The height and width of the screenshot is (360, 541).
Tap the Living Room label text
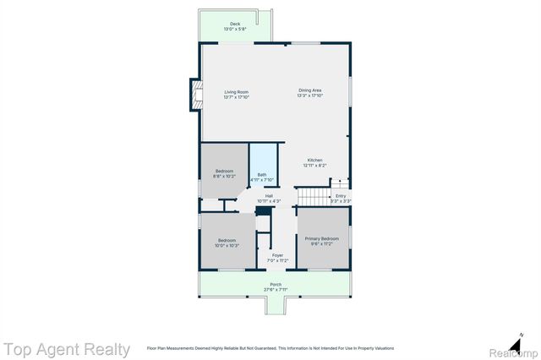coord(236,90)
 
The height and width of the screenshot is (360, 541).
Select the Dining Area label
coord(309,90)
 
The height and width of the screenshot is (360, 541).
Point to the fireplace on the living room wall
coord(195,94)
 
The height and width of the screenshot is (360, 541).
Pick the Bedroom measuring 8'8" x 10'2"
coord(224,173)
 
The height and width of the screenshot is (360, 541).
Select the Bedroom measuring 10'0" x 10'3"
coord(227,243)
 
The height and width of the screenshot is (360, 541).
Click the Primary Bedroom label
coord(322,239)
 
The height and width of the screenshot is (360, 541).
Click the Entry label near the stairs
coord(340,196)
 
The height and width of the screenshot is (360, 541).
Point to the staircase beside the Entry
coord(311,197)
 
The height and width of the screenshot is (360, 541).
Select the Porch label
coord(276,284)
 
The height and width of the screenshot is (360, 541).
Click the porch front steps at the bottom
coord(276,306)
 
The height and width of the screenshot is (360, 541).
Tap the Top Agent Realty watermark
coord(66,349)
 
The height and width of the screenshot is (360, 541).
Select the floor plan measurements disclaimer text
coord(270,348)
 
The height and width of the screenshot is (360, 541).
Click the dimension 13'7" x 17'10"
coord(236,96)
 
